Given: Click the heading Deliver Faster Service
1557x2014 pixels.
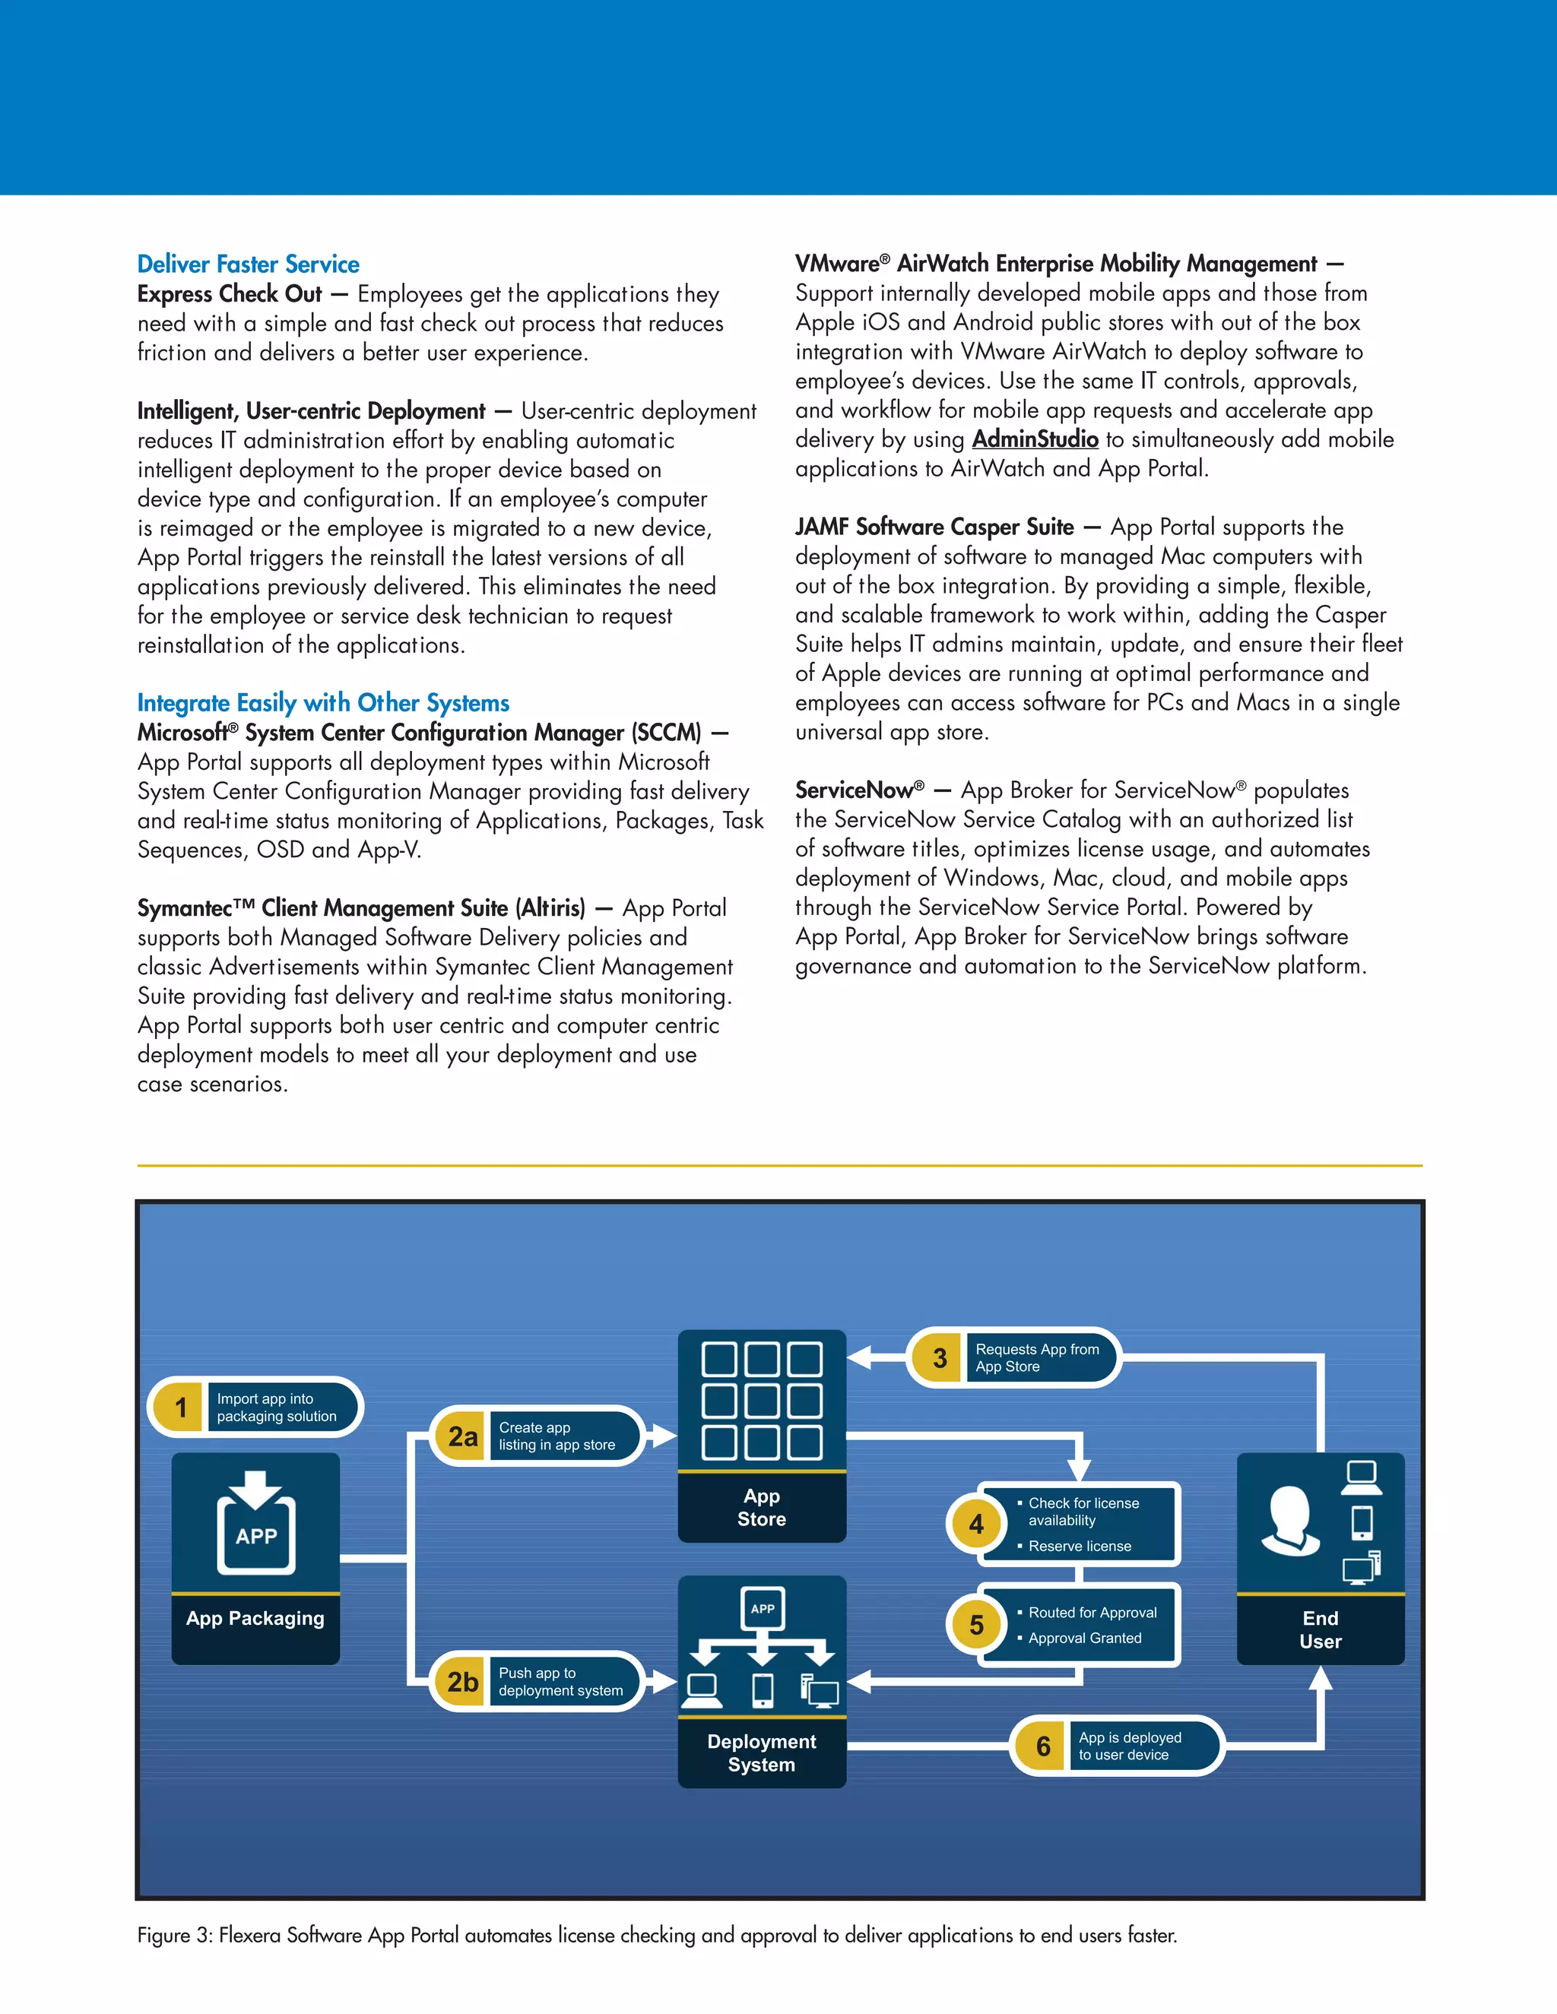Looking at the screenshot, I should pyautogui.click(x=248, y=264).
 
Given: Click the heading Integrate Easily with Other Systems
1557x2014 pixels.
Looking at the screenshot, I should pyautogui.click(x=323, y=703).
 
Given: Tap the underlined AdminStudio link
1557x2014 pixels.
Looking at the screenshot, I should pyautogui.click(x=1035, y=439).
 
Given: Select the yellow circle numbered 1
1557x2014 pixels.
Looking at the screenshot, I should pyautogui.click(x=181, y=1408).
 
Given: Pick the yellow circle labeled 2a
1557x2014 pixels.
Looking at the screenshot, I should pyautogui.click(x=462, y=1436).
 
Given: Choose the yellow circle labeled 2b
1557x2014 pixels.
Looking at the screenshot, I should pyautogui.click(x=462, y=1681).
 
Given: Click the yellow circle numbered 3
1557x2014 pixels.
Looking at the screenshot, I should pyautogui.click(x=939, y=1357).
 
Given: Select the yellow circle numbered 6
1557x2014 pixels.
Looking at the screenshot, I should pyautogui.click(x=1042, y=1746).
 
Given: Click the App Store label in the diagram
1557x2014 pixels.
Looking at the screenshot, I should pyautogui.click(x=762, y=1507).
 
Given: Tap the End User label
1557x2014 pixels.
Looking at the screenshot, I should pyautogui.click(x=1320, y=1629).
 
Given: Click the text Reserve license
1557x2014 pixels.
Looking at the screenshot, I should pyautogui.click(x=1080, y=1546).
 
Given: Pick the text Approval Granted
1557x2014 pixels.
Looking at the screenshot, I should pyautogui.click(x=1085, y=1638).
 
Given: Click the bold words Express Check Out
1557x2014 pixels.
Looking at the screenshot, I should pyautogui.click(x=230, y=294).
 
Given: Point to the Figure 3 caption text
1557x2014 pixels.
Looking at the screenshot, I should pyautogui.click(x=657, y=1935).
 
